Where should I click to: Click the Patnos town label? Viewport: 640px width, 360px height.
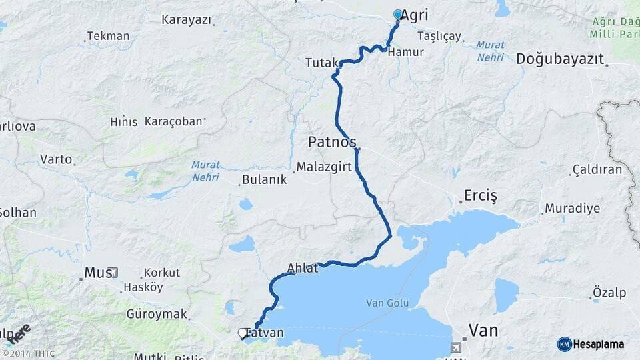tap(331, 142)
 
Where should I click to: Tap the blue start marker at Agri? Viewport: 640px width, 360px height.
tap(398, 15)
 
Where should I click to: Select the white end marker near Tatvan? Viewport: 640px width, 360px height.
tap(243, 332)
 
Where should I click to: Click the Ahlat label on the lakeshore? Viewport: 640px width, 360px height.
tap(299, 268)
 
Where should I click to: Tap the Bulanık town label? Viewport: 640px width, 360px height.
tap(264, 179)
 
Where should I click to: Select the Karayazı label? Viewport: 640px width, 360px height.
tap(186, 19)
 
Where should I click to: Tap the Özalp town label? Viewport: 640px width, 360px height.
tap(609, 293)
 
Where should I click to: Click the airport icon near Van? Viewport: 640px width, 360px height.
tap(456, 347)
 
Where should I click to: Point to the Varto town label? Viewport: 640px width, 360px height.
tap(55, 159)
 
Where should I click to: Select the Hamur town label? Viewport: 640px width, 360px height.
tap(405, 51)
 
